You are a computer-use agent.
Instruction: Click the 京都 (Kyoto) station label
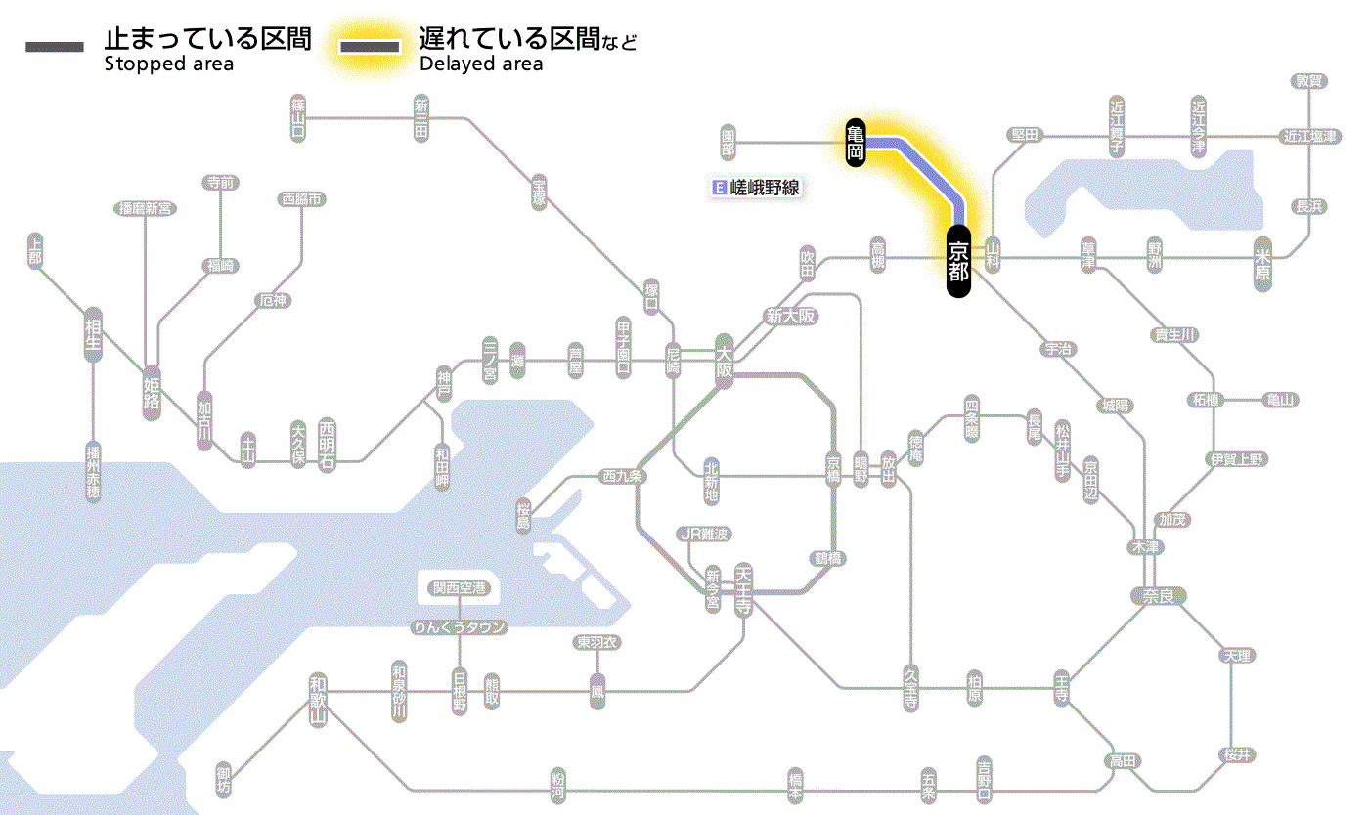958,261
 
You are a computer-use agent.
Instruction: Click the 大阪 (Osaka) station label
725,360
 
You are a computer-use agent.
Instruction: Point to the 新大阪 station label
790,317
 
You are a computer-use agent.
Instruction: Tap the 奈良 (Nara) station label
1158,595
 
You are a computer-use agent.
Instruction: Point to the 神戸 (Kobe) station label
444,384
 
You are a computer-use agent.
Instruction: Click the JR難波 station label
705,535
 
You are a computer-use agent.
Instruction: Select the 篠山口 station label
299,117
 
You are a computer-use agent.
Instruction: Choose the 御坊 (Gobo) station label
224,782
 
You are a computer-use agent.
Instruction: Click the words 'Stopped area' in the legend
168,64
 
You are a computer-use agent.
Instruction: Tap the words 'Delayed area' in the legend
480,64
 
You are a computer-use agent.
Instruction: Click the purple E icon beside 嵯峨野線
721,188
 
